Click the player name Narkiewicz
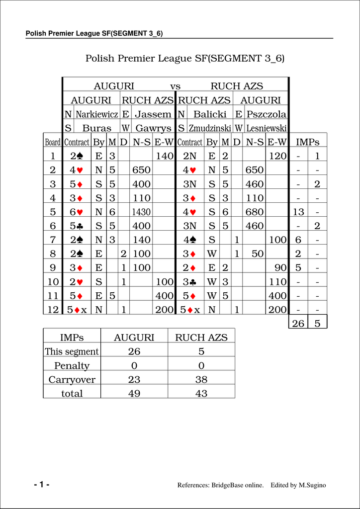click(97, 114)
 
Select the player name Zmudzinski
click(210, 128)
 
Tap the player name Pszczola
click(267, 114)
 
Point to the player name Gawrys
click(153, 128)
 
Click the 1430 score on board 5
click(141, 212)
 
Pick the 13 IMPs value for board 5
click(298, 212)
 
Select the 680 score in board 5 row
click(255, 212)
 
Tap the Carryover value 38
click(201, 380)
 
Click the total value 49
click(134, 394)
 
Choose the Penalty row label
click(72, 366)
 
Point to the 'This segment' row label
click(72, 352)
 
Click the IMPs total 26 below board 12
click(298, 324)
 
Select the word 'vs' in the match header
click(175, 86)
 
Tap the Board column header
click(53, 142)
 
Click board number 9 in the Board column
click(53, 267)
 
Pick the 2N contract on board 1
click(190, 156)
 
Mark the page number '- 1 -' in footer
click(42, 485)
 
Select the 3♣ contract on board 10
click(190, 281)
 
